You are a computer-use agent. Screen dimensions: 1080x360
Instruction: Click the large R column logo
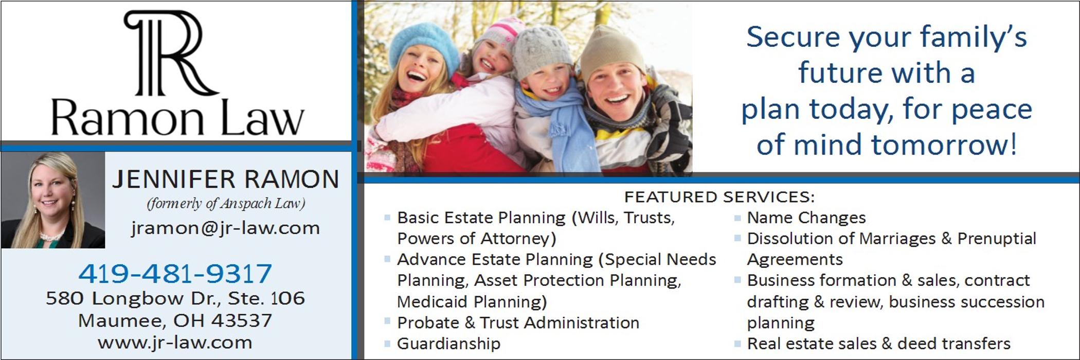pos(170,53)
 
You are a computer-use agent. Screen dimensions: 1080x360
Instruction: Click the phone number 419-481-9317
pos(175,273)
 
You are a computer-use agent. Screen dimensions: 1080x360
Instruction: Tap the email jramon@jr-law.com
pos(225,228)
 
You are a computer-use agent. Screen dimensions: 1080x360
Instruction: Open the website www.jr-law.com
pos(175,343)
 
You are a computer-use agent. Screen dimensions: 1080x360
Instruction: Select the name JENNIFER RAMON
pos(226,179)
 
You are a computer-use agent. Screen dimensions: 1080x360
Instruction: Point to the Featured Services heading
pos(719,197)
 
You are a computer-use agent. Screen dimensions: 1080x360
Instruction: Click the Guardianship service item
pos(448,344)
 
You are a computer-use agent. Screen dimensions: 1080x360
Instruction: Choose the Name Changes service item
pos(806,218)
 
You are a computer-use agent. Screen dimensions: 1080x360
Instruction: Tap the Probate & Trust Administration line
pos(518,322)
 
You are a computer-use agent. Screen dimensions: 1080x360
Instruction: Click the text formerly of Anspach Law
pos(226,204)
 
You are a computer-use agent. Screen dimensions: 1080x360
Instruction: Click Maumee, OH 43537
pos(175,321)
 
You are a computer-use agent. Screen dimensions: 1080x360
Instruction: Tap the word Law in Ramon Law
pos(262,118)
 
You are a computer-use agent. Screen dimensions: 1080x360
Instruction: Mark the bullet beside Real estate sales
pos(737,343)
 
